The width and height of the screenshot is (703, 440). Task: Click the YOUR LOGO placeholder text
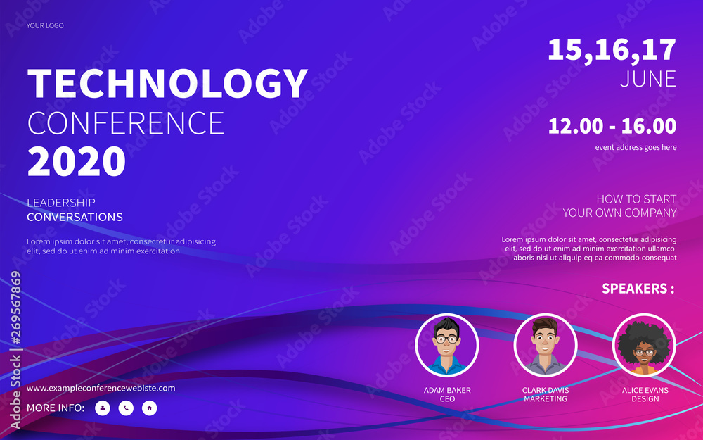coord(45,25)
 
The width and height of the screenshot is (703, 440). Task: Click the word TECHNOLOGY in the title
coord(168,84)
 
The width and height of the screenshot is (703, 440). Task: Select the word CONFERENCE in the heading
coord(126,123)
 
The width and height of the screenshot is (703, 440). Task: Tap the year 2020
coord(77,162)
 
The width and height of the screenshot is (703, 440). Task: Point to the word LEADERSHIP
coord(61,203)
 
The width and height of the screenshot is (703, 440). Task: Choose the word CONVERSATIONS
coord(75,217)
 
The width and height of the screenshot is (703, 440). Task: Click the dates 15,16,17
coord(612,50)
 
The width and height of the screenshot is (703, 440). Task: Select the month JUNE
coord(648,79)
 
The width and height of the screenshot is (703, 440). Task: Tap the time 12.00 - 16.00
coord(612,126)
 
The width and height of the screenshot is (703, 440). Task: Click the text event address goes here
coord(636,147)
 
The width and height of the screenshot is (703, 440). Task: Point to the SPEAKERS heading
coord(638,288)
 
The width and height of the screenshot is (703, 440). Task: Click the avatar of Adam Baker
coord(447,345)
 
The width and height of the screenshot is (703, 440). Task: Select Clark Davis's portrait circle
coord(546,345)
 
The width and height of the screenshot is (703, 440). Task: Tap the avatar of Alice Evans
coord(644,345)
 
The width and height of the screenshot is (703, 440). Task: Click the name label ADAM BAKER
coord(447,390)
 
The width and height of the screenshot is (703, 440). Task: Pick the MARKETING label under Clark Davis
coord(546,398)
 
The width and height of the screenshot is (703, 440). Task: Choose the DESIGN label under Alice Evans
coord(645,398)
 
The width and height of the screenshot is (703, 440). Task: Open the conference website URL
coord(101,388)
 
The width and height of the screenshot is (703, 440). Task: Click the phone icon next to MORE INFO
coord(126,408)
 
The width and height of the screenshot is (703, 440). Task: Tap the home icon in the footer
coord(149,408)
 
